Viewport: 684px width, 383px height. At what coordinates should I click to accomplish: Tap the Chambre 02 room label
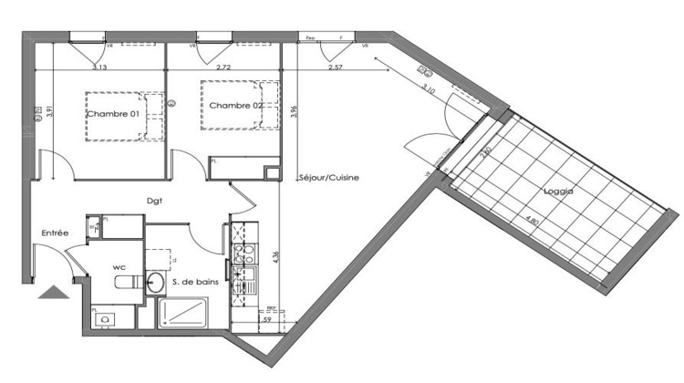click(235, 106)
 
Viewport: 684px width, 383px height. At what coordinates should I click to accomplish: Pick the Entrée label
click(56, 234)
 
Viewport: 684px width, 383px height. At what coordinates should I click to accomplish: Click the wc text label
click(119, 267)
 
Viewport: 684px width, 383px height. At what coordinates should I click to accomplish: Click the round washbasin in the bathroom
click(155, 281)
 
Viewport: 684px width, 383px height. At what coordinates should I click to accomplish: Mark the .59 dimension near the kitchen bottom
click(266, 320)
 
